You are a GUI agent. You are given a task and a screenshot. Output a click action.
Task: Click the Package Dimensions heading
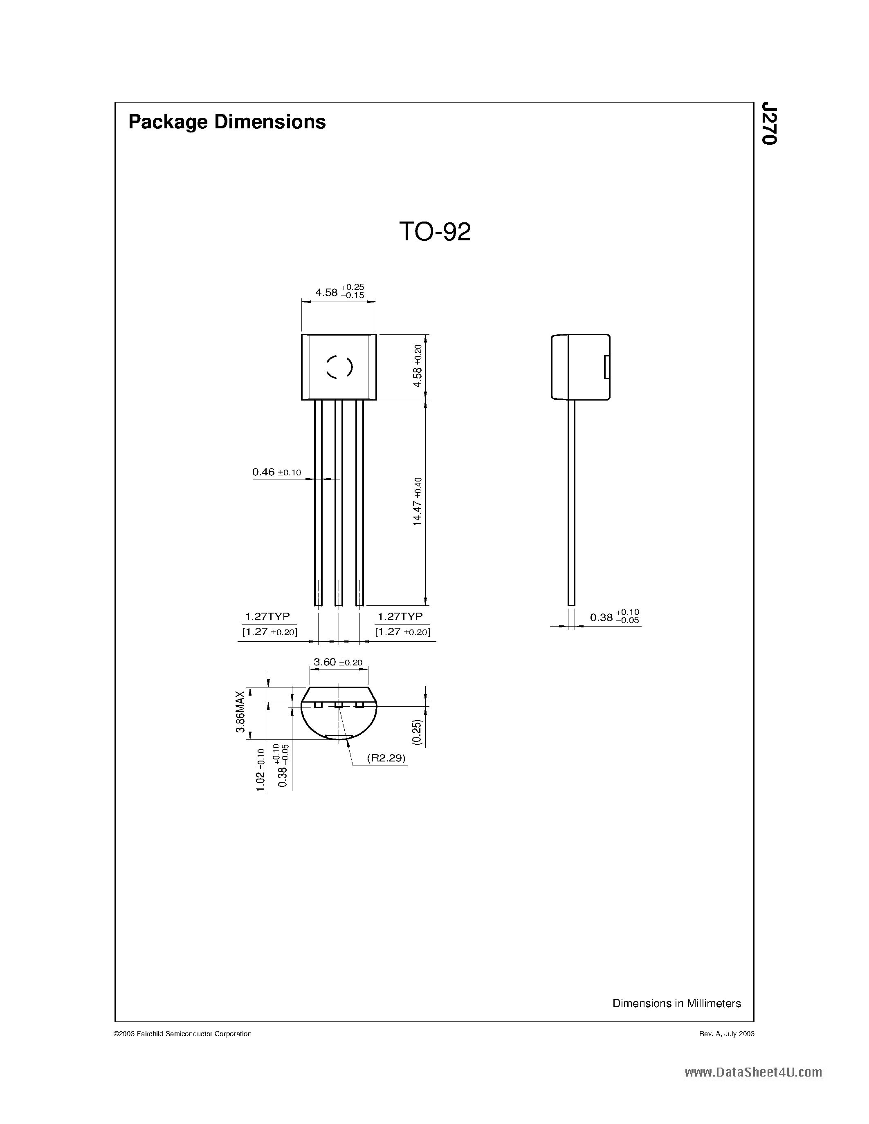tap(227, 122)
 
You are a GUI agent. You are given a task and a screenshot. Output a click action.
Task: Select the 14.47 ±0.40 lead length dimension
tap(418, 501)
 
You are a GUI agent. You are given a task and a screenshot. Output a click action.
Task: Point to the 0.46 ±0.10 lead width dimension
tap(276, 472)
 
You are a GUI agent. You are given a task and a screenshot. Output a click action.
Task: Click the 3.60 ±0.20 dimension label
tap(338, 663)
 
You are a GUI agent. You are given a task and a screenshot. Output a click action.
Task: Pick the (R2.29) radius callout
tap(386, 758)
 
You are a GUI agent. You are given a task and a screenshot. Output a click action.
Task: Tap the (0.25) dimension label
tap(417, 732)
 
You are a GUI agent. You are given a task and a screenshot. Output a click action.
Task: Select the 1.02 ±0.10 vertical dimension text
tap(260, 770)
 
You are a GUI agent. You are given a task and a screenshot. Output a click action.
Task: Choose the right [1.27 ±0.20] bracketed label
tap(402, 632)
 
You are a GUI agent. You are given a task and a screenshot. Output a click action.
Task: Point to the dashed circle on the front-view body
tap(339, 367)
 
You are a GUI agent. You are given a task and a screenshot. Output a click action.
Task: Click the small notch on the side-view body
tap(606, 367)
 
